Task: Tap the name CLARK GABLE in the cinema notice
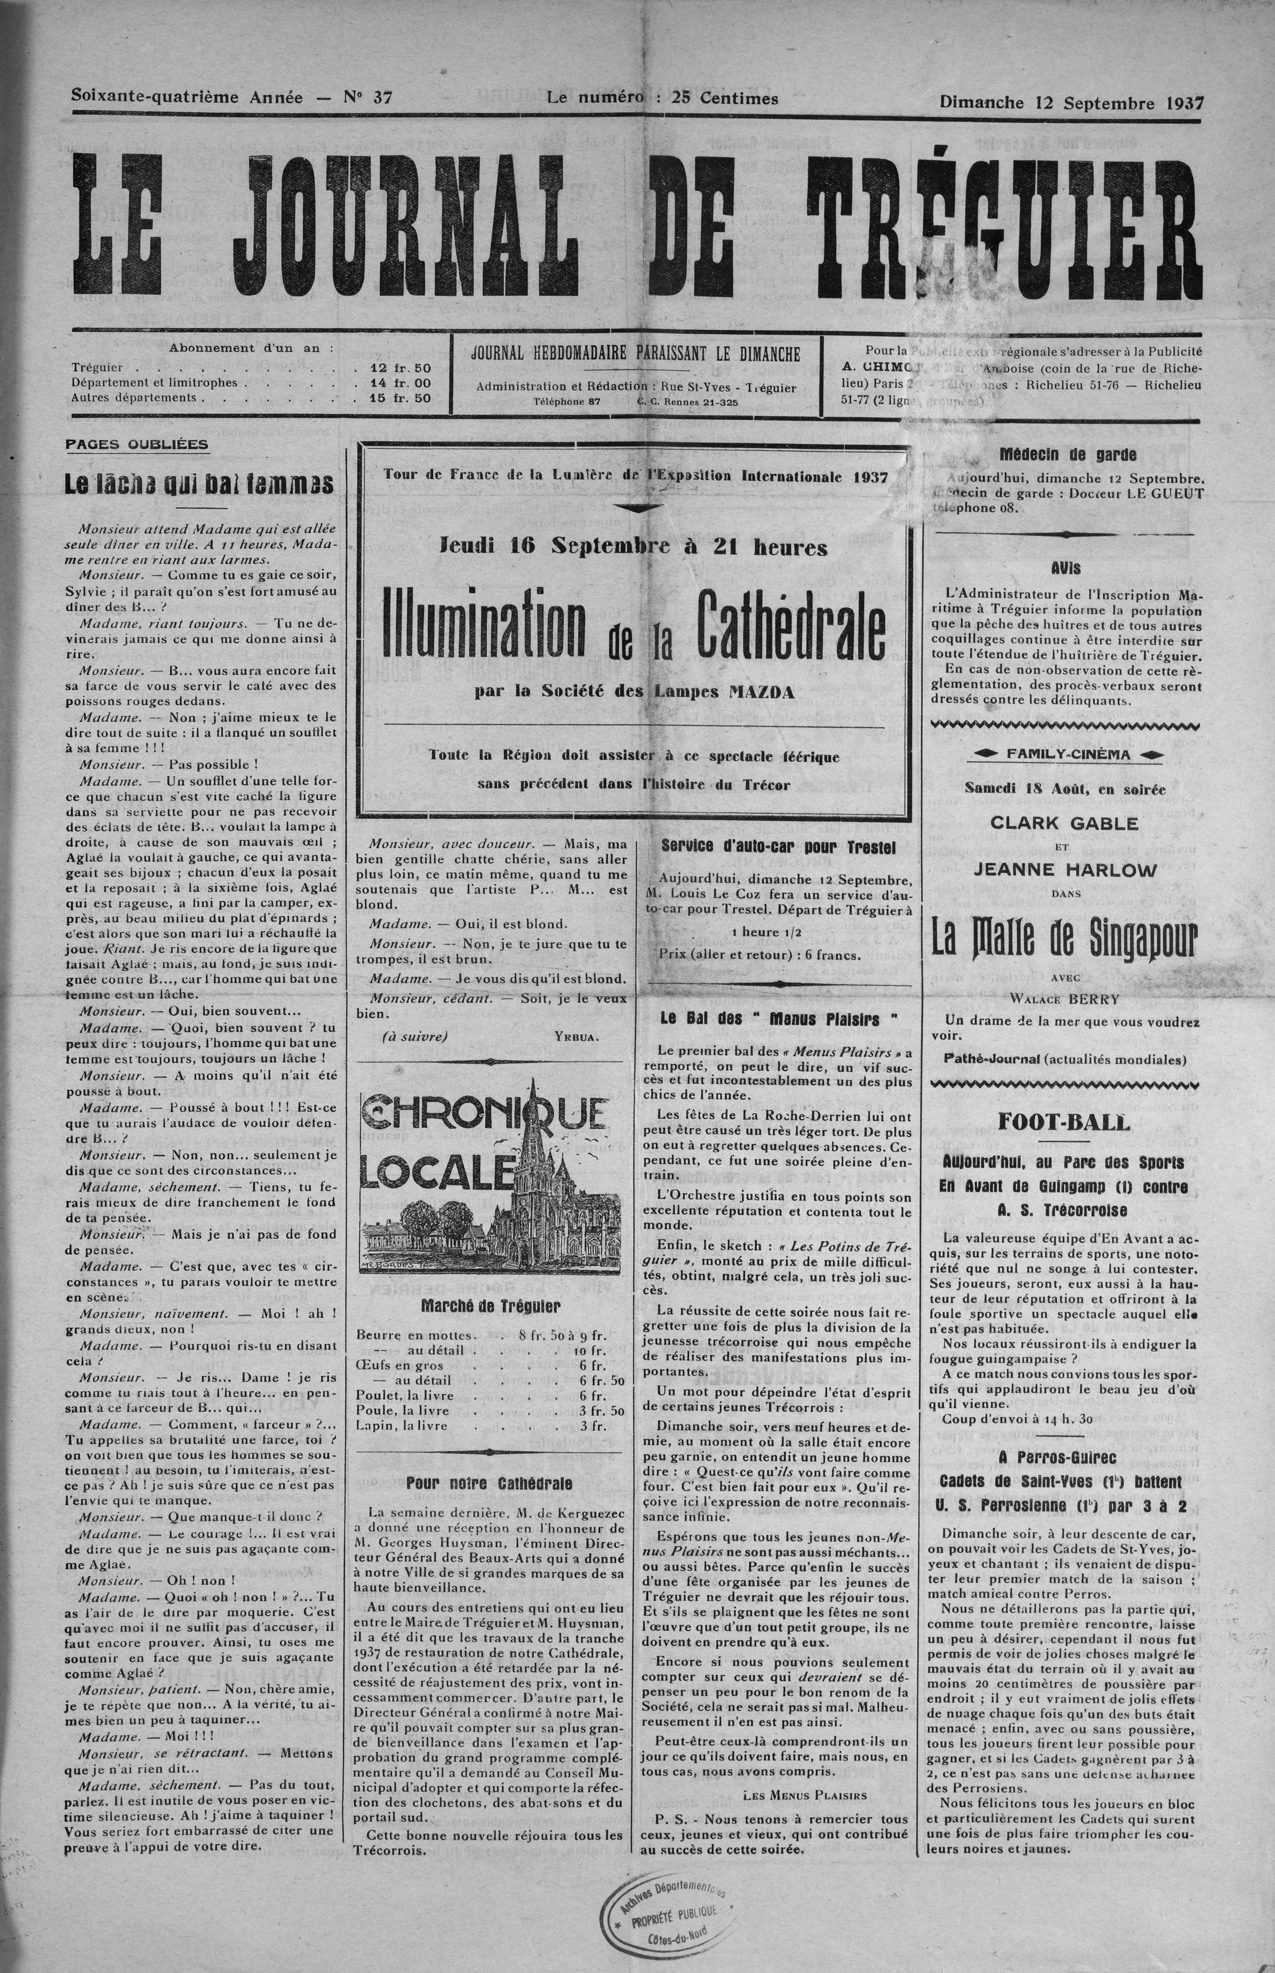pyautogui.click(x=1064, y=824)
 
